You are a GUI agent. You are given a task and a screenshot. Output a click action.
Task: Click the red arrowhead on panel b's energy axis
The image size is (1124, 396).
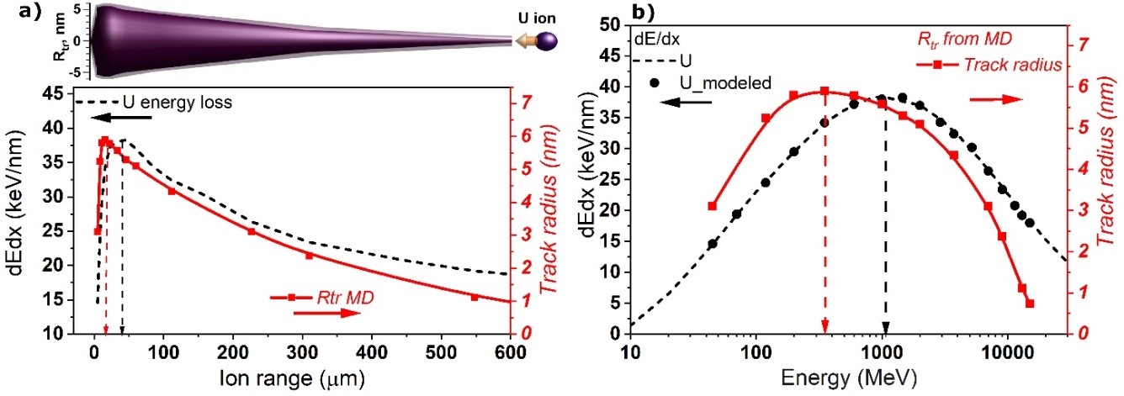point(824,325)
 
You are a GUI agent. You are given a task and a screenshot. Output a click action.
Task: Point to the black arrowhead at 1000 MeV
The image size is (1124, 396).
point(885,326)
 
